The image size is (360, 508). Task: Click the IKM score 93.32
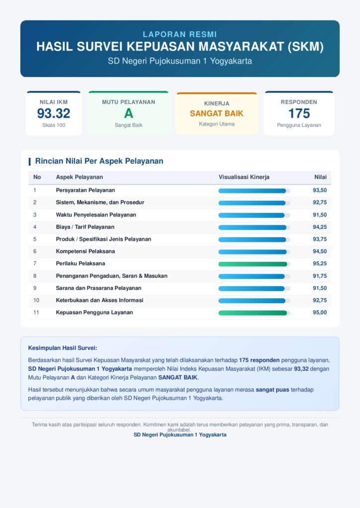pyautogui.click(x=54, y=114)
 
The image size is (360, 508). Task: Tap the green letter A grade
pyautogui.click(x=129, y=114)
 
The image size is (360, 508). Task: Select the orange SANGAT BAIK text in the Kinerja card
pyautogui.click(x=216, y=114)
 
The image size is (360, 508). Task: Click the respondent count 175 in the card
pyautogui.click(x=299, y=114)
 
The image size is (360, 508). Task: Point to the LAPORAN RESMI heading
pyautogui.click(x=180, y=34)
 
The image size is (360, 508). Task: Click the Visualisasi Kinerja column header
pyautogui.click(x=244, y=177)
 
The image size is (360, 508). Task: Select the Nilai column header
pyautogui.click(x=320, y=177)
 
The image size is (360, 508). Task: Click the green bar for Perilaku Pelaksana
pyautogui.click(x=253, y=264)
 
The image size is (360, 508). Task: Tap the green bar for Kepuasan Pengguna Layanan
pyautogui.click(x=253, y=313)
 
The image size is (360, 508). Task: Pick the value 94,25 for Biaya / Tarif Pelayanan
pyautogui.click(x=320, y=227)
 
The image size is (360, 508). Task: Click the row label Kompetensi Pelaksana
pyautogui.click(x=85, y=252)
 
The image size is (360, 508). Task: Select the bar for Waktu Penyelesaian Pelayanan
pyautogui.click(x=252, y=215)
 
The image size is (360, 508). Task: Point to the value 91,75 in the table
pyautogui.click(x=320, y=276)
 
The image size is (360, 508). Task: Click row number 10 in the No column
pyautogui.click(x=36, y=300)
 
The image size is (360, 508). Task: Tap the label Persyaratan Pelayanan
pyautogui.click(x=85, y=190)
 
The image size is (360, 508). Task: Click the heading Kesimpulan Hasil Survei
pyautogui.click(x=63, y=348)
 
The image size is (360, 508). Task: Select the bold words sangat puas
pyautogui.click(x=273, y=390)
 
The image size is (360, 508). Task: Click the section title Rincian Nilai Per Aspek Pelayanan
pyautogui.click(x=99, y=161)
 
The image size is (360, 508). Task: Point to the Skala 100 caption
pyautogui.click(x=54, y=125)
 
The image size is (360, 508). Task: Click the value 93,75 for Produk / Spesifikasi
pyautogui.click(x=320, y=240)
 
